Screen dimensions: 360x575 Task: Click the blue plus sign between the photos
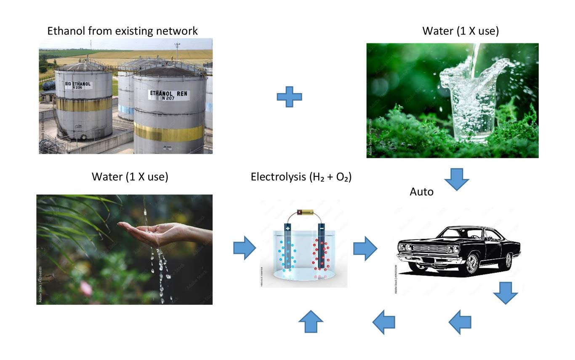pyautogui.click(x=289, y=96)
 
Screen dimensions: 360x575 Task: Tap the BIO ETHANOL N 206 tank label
pyautogui.click(x=78, y=86)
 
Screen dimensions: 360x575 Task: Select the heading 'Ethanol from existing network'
pyautogui.click(x=122, y=31)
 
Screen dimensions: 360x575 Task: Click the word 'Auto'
pyautogui.click(x=421, y=192)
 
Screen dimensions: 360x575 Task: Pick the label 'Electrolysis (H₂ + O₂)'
pyautogui.click(x=301, y=177)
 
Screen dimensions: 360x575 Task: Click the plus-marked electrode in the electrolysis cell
pyautogui.click(x=288, y=248)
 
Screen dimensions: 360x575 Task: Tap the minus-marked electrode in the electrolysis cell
pyautogui.click(x=322, y=248)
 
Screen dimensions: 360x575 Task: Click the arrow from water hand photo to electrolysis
pyautogui.click(x=245, y=248)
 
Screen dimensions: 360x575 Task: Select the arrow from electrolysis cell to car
pyautogui.click(x=365, y=248)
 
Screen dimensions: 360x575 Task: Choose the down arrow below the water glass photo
pyautogui.click(x=457, y=179)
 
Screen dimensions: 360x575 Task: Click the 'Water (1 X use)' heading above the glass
pyautogui.click(x=461, y=31)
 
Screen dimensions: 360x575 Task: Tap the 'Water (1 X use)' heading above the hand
pyautogui.click(x=130, y=177)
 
